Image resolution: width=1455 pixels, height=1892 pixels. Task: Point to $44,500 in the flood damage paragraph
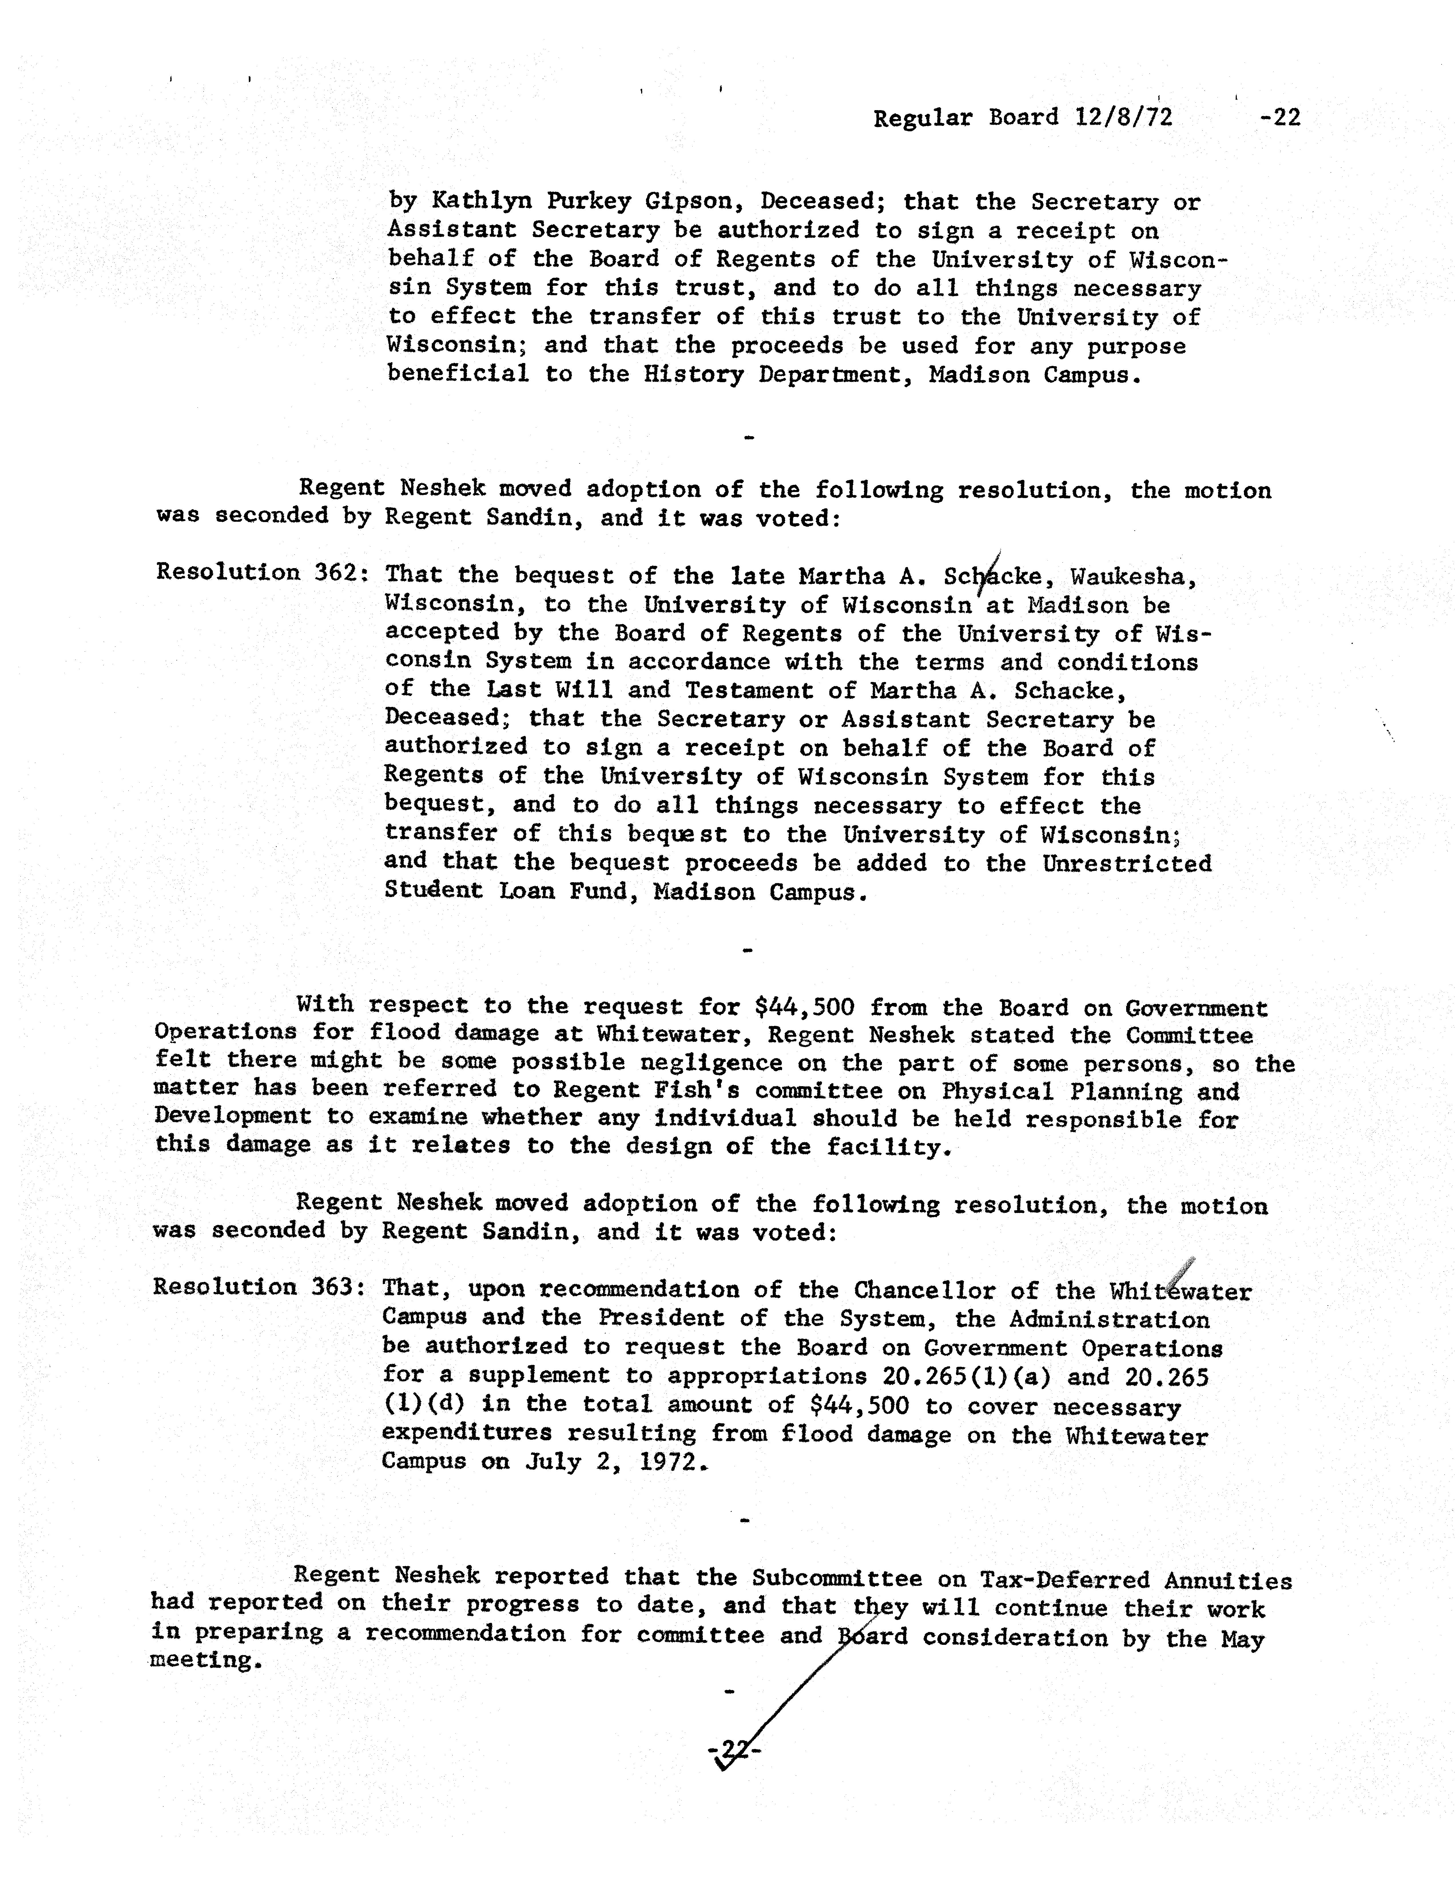coord(805,1007)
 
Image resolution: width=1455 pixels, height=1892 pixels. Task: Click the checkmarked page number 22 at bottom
coord(734,1752)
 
